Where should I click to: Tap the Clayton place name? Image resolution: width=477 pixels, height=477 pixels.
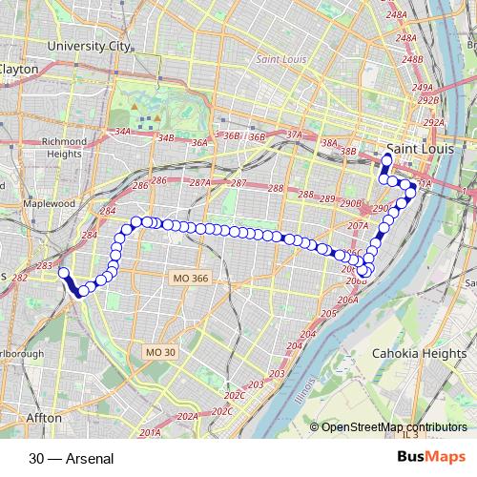19,70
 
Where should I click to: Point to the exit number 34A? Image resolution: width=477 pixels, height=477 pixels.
121,132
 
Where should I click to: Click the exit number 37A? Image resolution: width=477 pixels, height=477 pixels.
292,135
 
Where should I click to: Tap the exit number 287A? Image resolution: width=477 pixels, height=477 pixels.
199,182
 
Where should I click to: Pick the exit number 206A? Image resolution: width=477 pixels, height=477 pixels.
347,300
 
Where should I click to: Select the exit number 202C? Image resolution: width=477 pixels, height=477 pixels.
235,394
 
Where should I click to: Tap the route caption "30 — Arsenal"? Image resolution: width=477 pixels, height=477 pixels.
71,459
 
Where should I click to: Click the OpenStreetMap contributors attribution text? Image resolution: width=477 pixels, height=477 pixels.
394,427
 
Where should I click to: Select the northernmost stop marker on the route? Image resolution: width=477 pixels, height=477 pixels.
387,159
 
